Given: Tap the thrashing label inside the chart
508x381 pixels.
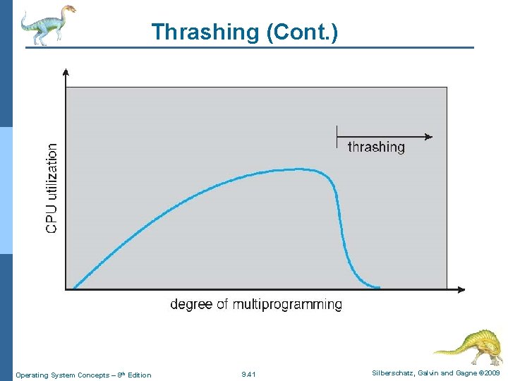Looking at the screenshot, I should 376,147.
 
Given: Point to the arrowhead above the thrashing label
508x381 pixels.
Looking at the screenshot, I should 428,136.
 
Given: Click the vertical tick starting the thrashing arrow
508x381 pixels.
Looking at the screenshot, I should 337,136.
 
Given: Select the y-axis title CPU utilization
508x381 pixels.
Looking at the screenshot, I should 52,188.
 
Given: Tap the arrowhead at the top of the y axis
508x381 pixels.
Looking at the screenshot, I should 66,71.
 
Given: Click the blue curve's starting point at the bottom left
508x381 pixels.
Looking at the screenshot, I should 75,287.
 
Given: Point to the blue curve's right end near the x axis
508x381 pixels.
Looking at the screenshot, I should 378,287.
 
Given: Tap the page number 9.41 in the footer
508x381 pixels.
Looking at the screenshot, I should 248,374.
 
